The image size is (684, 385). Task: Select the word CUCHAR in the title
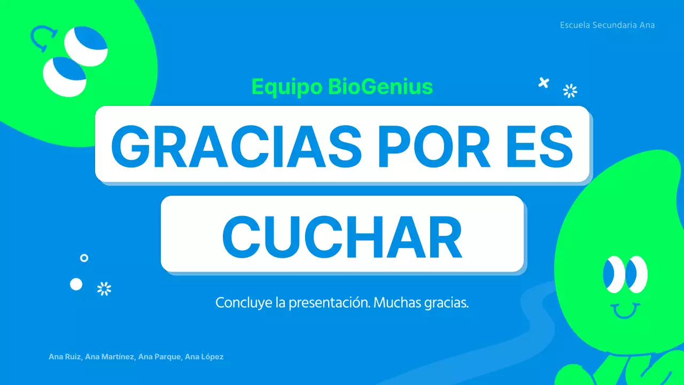click(342, 235)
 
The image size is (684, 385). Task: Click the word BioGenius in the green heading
click(380, 87)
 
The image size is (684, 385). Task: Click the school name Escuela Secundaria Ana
click(607, 25)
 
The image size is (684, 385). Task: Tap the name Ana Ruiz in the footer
click(65, 357)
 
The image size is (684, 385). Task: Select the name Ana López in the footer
click(204, 357)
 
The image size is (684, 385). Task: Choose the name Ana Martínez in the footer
click(110, 357)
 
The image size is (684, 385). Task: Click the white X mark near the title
click(543, 82)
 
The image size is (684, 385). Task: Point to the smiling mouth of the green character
click(625, 311)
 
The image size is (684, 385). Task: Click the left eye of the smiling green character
click(613, 275)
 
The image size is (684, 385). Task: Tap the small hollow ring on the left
click(84, 258)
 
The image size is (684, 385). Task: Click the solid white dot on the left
click(76, 284)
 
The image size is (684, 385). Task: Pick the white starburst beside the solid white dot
click(104, 289)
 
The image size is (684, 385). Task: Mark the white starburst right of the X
click(570, 91)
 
